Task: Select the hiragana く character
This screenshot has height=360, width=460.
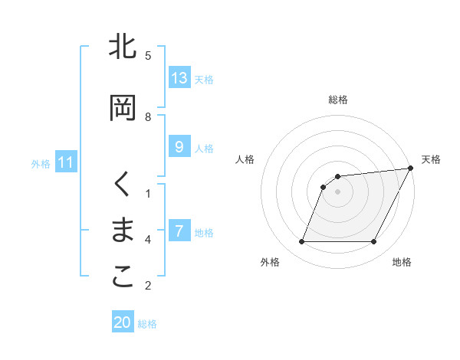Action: pyautogui.click(x=123, y=185)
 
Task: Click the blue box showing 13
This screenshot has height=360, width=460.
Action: pyautogui.click(x=179, y=77)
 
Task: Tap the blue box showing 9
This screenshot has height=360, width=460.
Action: pyautogui.click(x=179, y=147)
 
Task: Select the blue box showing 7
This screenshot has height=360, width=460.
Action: pyautogui.click(x=179, y=231)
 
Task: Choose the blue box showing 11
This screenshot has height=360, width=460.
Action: pyautogui.click(x=66, y=162)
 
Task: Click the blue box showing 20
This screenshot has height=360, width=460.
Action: pyautogui.click(x=123, y=322)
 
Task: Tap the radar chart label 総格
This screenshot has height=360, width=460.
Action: pyautogui.click(x=338, y=100)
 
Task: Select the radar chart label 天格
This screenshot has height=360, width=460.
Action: pyautogui.click(x=431, y=159)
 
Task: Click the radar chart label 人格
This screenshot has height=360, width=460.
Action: pyautogui.click(x=245, y=159)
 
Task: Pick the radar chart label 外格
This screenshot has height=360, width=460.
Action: pyautogui.click(x=270, y=262)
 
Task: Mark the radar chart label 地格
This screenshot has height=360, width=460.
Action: pyautogui.click(x=402, y=262)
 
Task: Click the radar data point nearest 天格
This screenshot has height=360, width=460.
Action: pyautogui.click(x=411, y=168)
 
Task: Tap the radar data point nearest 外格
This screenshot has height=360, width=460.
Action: pyautogui.click(x=301, y=242)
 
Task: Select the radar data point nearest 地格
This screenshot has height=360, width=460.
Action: pyautogui.click(x=374, y=242)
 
